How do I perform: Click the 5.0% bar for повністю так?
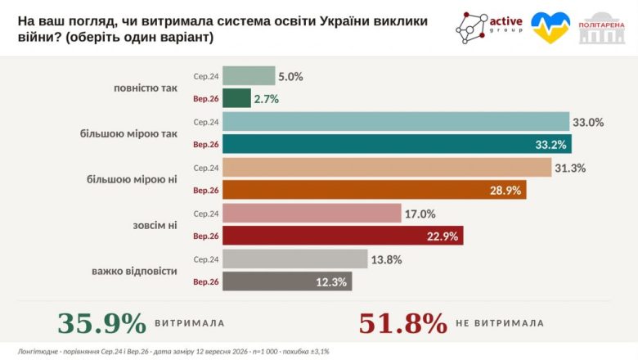[249, 75]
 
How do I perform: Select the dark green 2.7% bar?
[237, 98]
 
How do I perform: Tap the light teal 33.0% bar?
[396, 121]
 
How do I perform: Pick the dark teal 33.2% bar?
[398, 144]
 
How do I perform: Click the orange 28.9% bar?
[375, 190]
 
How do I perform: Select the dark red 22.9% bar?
[343, 235]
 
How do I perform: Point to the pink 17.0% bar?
[312, 213]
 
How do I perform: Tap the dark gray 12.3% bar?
[287, 281]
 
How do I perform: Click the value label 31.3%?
[570, 168]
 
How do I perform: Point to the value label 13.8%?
[386, 259]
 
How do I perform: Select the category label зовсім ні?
[155, 225]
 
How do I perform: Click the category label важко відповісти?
[134, 271]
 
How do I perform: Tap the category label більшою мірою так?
[128, 134]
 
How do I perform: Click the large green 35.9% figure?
[101, 323]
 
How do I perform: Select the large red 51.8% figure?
[402, 323]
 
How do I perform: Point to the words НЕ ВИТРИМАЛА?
[500, 323]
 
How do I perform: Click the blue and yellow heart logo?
[550, 27]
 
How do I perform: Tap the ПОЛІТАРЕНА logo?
[602, 28]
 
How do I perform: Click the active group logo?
[488, 27]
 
